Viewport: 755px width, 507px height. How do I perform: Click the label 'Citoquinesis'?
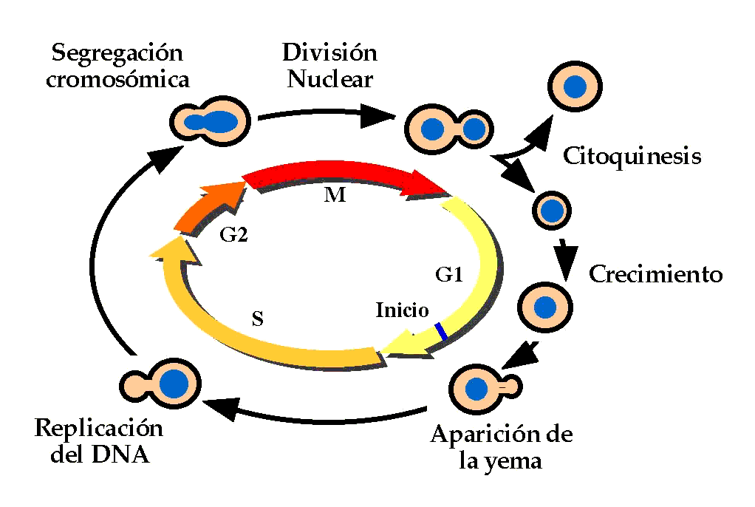[x=632, y=156]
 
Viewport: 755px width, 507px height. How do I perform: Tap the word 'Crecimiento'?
[x=655, y=274]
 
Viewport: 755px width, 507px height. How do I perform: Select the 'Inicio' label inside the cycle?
[x=402, y=309]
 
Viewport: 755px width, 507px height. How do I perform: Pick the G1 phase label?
[x=448, y=276]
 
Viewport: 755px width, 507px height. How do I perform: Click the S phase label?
[x=257, y=319]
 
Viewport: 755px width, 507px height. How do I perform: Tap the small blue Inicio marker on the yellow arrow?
[x=441, y=331]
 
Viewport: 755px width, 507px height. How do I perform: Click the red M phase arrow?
[x=340, y=179]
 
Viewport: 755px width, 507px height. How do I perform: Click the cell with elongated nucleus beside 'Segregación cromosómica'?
[x=210, y=119]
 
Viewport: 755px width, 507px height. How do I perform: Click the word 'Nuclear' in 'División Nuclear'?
[x=329, y=78]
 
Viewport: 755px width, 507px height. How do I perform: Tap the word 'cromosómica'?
[x=117, y=79]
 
